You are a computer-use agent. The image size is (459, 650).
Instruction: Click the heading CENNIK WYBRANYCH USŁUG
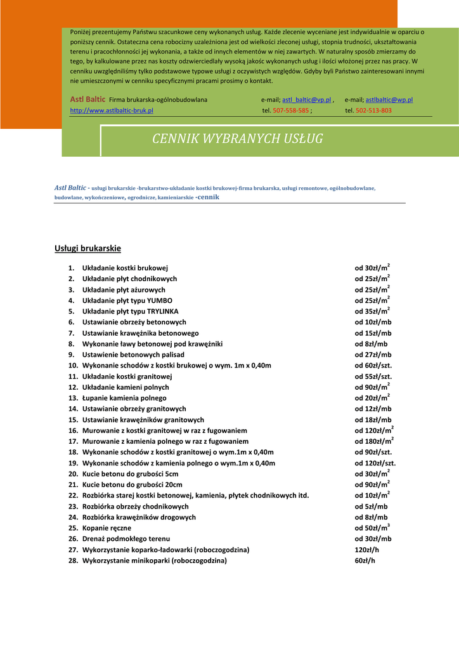pos(237,139)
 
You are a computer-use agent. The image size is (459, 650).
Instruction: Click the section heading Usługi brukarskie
pos(87,248)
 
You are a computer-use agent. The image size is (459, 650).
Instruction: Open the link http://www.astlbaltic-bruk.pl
pos(112,110)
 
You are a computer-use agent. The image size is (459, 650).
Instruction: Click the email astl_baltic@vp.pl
pos(307,100)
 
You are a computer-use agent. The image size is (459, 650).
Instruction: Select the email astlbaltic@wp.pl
pos(389,100)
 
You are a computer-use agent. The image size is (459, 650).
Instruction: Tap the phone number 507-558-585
pos(291,110)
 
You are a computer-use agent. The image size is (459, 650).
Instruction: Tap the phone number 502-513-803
pos(373,110)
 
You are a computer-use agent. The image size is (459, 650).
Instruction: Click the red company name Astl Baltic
pos(87,100)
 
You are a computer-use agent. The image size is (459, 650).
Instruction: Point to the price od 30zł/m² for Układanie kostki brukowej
pos(372,268)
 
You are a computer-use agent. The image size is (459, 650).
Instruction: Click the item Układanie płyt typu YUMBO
pos(127,300)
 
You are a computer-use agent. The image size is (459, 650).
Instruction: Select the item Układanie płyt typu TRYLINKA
pos(131,312)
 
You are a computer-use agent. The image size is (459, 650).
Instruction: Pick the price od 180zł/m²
pos(374,441)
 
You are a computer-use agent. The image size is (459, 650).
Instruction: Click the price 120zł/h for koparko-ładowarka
pos(365,550)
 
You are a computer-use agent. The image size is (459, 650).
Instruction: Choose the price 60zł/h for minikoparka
pos(363,560)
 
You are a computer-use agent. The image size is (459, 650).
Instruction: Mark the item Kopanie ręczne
pos(107,528)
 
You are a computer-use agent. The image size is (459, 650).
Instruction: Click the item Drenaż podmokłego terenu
pos(126,539)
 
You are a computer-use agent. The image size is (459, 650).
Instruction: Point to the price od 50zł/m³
pos(372,528)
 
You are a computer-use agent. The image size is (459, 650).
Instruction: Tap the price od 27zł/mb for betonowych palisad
pos(373,355)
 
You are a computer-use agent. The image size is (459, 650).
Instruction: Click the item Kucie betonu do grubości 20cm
pos(133,484)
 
